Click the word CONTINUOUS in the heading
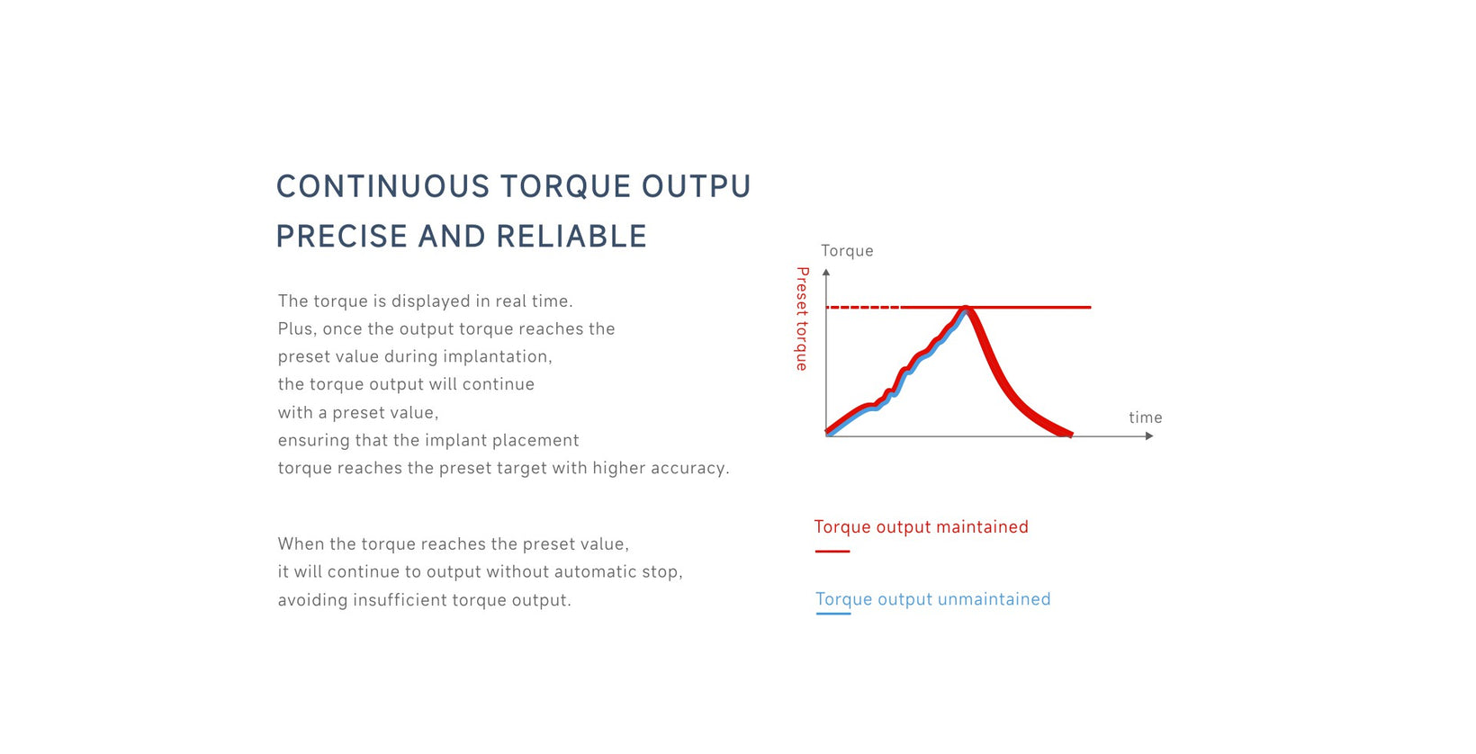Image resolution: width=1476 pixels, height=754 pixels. click(x=382, y=186)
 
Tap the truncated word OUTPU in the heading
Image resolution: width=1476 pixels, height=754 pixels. click(x=697, y=186)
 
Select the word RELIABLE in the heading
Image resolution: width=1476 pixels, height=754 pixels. click(x=572, y=237)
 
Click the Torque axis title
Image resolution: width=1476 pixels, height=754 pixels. click(x=847, y=251)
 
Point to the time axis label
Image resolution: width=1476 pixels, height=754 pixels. click(x=1145, y=417)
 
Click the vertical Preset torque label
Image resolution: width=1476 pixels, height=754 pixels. click(x=802, y=319)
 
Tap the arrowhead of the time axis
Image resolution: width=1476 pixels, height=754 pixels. click(x=1149, y=436)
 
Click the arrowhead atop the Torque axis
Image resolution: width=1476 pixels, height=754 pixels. click(x=826, y=272)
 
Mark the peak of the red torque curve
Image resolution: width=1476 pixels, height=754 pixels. click(x=966, y=310)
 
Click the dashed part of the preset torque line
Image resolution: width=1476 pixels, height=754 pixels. click(x=863, y=308)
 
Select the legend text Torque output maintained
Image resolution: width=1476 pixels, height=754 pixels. click(x=922, y=527)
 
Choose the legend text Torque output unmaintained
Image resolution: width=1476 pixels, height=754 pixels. click(x=933, y=599)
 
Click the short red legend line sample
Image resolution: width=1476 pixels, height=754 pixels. click(x=832, y=552)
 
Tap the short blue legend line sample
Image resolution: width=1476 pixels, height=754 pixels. click(x=832, y=614)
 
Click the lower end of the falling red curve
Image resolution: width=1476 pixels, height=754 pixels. click(x=1069, y=434)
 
